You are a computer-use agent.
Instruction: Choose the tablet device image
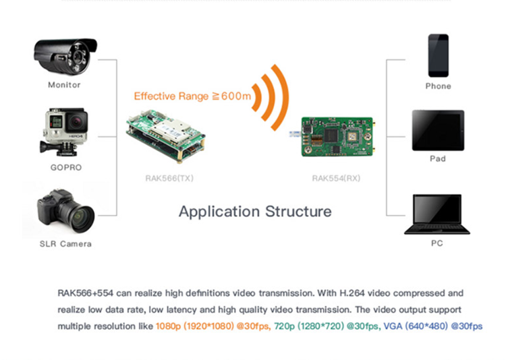pos(438,130)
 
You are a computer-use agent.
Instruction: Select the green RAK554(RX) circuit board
pos(337,135)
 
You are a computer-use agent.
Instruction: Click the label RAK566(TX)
pos(165,179)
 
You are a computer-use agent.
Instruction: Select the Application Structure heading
pos(255,212)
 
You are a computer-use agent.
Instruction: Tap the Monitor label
pos(64,85)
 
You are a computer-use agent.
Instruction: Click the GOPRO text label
pos(65,167)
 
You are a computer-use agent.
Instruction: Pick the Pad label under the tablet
pos(437,159)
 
